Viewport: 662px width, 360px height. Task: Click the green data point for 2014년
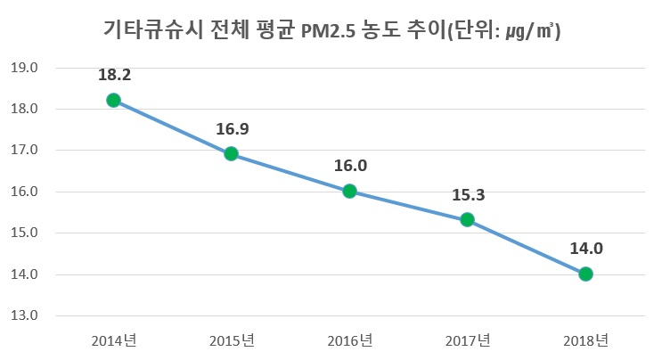tap(113, 100)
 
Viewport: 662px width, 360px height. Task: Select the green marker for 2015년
tap(231, 153)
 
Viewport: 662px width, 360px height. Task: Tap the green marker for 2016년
tap(349, 191)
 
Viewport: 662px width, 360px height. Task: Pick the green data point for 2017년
tap(468, 219)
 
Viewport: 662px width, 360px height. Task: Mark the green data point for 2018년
tap(585, 274)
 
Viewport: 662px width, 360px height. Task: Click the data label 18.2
tap(113, 76)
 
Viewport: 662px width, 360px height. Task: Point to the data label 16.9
tap(232, 129)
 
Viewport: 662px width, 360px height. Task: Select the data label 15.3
tap(468, 195)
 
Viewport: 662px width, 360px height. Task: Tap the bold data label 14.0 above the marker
tap(585, 250)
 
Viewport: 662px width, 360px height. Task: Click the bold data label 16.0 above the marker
tap(349, 166)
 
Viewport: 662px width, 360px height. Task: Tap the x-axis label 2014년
tap(113, 340)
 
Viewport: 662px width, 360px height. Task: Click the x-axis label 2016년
tap(349, 340)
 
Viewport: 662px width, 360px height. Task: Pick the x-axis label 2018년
tap(585, 340)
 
